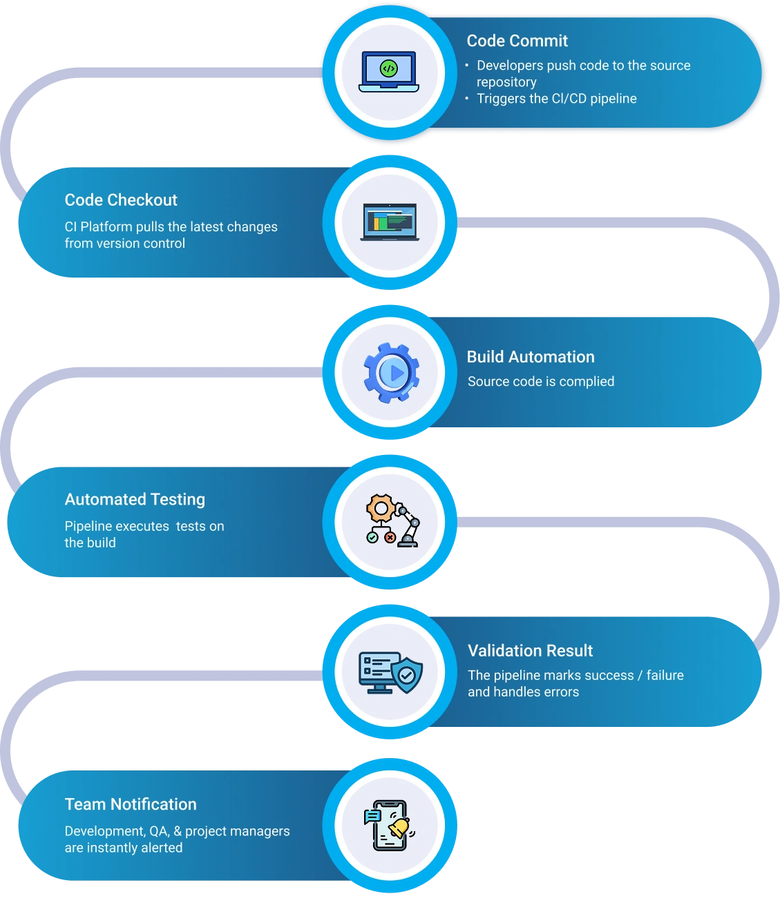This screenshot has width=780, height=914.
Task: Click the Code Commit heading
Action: click(x=517, y=41)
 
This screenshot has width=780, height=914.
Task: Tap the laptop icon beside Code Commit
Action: click(x=389, y=72)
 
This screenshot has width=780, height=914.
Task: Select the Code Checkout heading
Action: click(x=121, y=200)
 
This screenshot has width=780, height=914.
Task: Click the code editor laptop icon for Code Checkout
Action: click(x=389, y=222)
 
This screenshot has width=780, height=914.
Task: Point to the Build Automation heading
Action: click(x=530, y=357)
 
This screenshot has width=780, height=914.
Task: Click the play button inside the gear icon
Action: click(x=396, y=373)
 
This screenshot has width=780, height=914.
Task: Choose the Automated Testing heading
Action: click(x=135, y=499)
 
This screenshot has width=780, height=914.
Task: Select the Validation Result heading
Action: click(x=530, y=651)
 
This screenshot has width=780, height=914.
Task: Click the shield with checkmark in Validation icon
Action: click(x=407, y=674)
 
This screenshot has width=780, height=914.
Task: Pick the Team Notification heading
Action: click(x=131, y=804)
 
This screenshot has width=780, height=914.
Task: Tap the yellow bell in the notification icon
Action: click(x=399, y=827)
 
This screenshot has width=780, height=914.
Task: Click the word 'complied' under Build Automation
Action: click(x=587, y=382)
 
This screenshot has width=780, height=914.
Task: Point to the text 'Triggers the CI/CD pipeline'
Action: click(x=556, y=99)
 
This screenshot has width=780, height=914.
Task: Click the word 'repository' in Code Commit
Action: click(x=506, y=82)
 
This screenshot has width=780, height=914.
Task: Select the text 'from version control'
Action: click(x=125, y=244)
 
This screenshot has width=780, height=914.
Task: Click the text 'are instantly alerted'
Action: click(x=124, y=848)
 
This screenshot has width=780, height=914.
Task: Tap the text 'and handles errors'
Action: click(x=523, y=692)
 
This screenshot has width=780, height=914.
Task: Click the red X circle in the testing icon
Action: click(x=390, y=537)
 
